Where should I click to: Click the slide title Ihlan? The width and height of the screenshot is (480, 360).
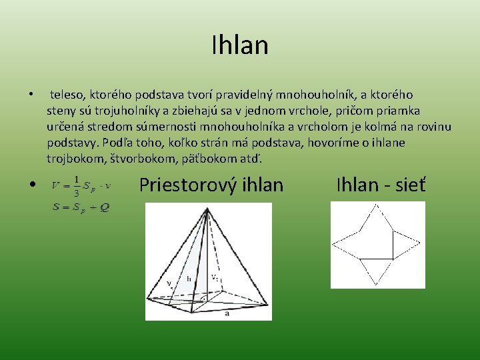(239, 45)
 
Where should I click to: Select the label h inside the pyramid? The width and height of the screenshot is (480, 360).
(189, 279)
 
